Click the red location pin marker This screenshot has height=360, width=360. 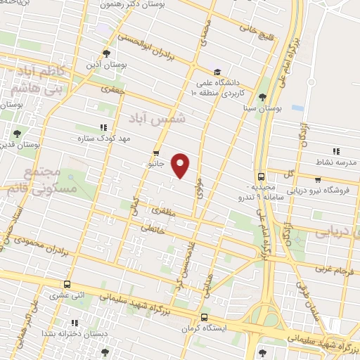181,165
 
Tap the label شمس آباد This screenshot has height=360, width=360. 163,119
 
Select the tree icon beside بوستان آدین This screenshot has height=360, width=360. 106,53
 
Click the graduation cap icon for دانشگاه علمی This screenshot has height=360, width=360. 217,72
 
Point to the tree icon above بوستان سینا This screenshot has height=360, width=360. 263,97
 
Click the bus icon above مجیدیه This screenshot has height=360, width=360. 261,177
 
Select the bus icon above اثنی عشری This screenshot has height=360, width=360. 67,284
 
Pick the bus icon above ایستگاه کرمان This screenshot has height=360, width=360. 204,317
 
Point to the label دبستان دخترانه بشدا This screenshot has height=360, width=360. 67,333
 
